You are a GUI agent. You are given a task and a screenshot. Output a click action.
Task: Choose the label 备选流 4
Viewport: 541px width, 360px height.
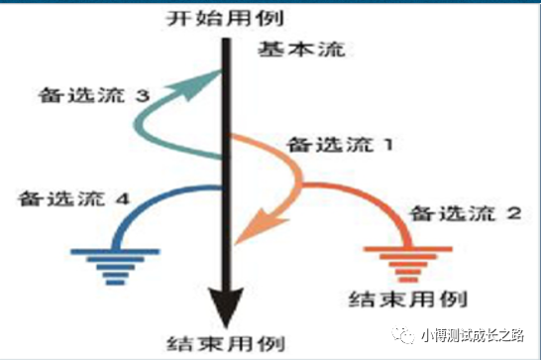click(x=73, y=197)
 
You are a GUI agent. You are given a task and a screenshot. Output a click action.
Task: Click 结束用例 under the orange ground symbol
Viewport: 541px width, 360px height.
click(x=409, y=297)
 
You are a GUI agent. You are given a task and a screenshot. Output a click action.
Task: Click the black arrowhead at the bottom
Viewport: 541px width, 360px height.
click(x=227, y=302)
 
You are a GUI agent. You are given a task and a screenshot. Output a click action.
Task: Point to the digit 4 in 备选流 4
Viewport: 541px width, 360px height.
click(x=123, y=197)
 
